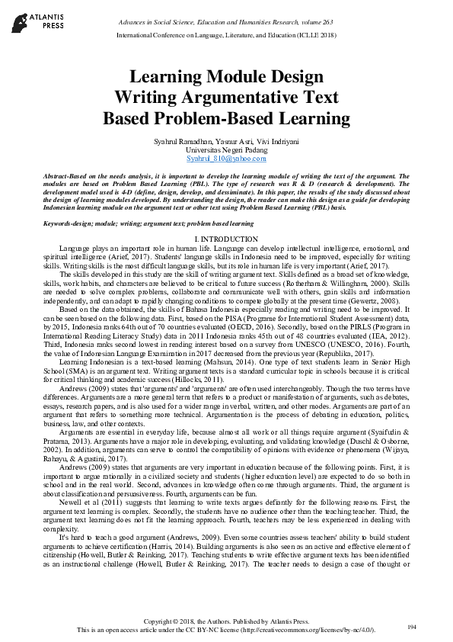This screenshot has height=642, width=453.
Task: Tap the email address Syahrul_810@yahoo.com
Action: pyautogui.click(x=226, y=158)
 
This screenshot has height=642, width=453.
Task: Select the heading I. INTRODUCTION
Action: pyautogui.click(x=226, y=239)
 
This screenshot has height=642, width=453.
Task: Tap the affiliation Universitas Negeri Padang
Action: pyautogui.click(x=226, y=150)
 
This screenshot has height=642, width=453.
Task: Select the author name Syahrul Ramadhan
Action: pyautogui.click(x=171, y=143)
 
